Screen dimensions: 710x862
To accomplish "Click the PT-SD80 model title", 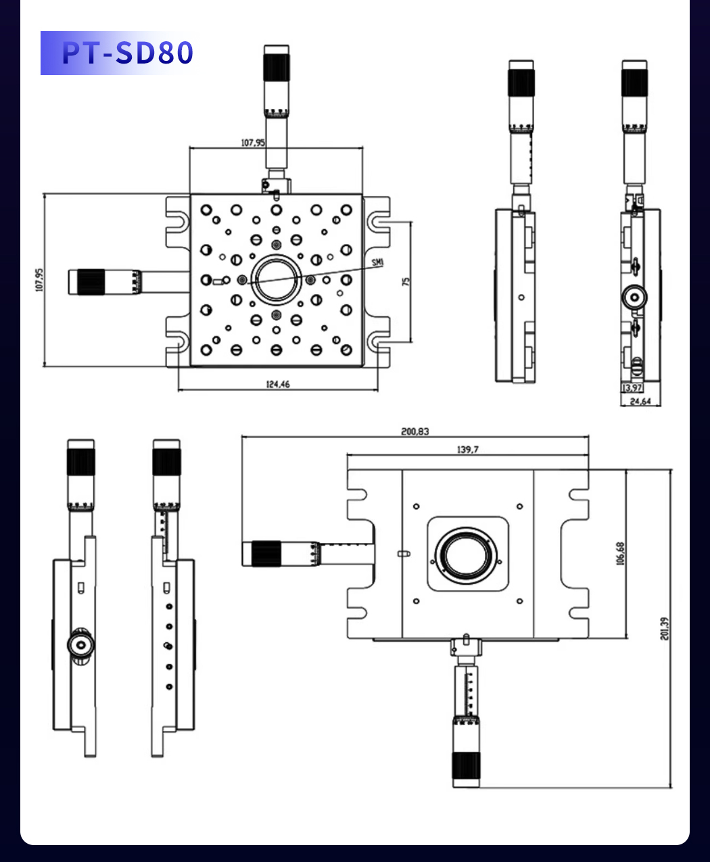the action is click(x=127, y=53).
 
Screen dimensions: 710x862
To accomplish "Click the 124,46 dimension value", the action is click(x=277, y=384).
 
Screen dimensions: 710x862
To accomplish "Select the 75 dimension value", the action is click(x=406, y=281).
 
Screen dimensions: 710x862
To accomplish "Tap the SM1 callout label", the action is click(x=377, y=262).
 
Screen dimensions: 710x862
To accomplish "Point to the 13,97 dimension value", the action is click(x=632, y=387).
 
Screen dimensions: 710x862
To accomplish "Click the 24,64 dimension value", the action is click(x=640, y=401).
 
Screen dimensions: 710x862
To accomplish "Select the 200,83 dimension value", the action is click(x=415, y=431).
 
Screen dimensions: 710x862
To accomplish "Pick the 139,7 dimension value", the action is click(x=467, y=450).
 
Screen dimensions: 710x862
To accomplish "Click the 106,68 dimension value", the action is click(x=620, y=554).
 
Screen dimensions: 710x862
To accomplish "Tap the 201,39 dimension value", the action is click(x=664, y=629).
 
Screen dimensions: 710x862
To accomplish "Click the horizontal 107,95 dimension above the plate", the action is click(x=253, y=143).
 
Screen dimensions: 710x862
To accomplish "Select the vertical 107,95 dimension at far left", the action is click(x=39, y=280).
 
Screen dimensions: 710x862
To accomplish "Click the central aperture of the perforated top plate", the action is click(x=277, y=280).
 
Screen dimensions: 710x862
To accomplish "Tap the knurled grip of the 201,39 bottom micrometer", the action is click(x=467, y=766).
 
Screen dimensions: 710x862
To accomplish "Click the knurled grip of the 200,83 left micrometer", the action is click(x=266, y=553).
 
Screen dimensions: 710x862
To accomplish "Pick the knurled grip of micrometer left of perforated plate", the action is click(x=91, y=282).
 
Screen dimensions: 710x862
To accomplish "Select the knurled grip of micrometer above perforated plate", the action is click(x=277, y=68).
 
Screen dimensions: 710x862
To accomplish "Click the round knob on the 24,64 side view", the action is click(x=634, y=297).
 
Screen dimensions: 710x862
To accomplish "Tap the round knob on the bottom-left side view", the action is click(x=81, y=644).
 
